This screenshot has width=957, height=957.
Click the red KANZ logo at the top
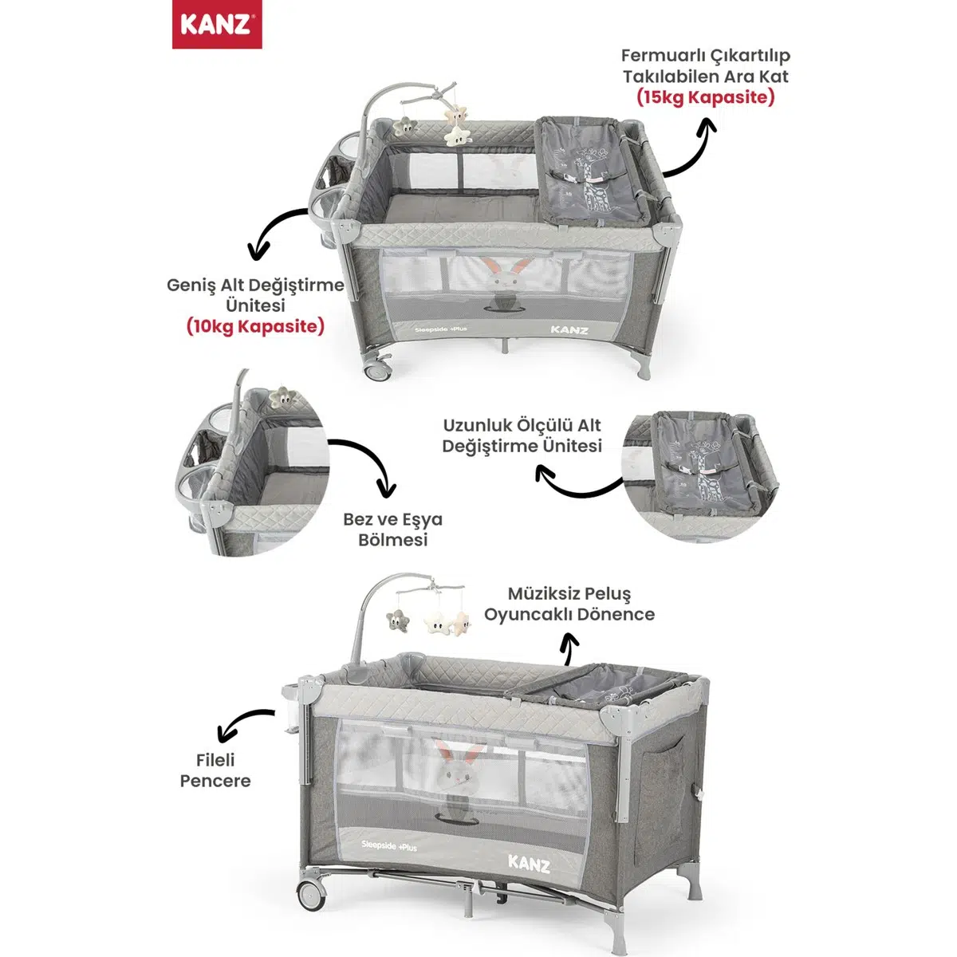217,25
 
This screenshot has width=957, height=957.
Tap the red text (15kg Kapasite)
705,97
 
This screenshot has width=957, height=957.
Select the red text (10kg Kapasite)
255,327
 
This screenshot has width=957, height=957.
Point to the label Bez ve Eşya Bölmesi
393,530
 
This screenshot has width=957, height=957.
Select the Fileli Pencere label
215,770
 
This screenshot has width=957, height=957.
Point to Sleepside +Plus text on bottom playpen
389,846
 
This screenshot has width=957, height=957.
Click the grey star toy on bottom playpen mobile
397,620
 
